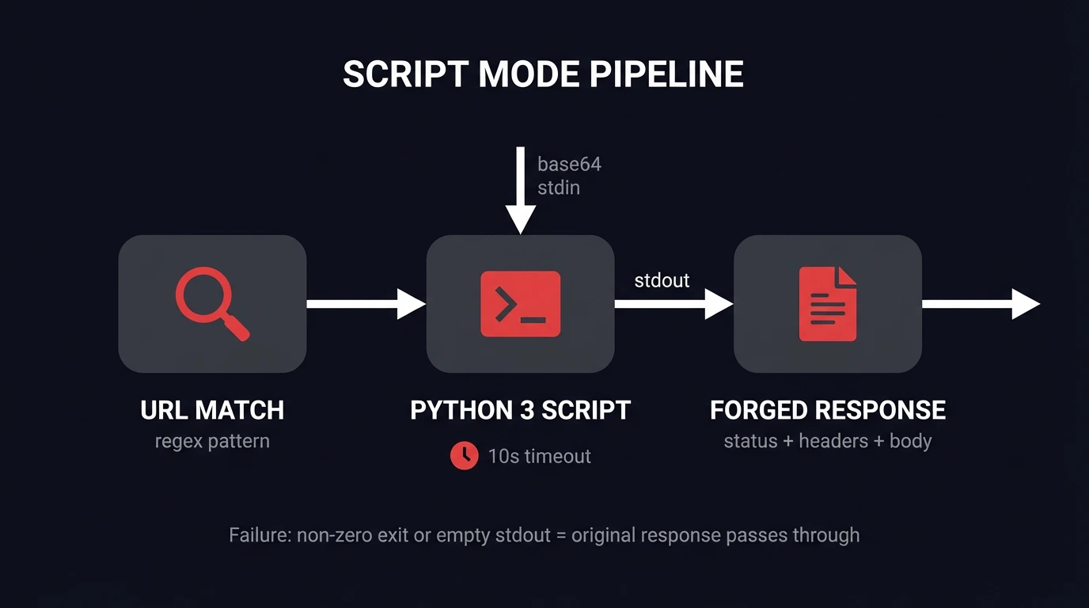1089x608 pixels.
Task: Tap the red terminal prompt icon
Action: (x=520, y=304)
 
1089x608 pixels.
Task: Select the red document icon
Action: (x=827, y=304)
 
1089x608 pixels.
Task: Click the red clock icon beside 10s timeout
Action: (x=465, y=455)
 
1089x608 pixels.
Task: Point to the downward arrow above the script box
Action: (x=520, y=190)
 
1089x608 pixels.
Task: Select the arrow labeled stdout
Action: (x=673, y=304)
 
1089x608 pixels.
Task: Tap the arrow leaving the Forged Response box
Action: (x=980, y=304)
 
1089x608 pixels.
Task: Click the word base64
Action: (x=569, y=165)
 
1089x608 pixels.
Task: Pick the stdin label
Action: (x=558, y=188)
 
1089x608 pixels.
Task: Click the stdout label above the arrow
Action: (x=662, y=280)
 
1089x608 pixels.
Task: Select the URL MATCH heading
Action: (x=212, y=410)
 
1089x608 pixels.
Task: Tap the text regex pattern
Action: (x=212, y=441)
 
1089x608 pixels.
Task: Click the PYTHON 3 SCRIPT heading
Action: (x=520, y=410)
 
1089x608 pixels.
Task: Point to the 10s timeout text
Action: (x=539, y=456)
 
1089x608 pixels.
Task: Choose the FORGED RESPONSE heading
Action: (x=827, y=410)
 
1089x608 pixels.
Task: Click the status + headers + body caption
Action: (x=827, y=441)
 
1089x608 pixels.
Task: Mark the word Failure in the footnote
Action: (x=259, y=535)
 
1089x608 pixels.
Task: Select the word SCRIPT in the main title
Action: (x=406, y=74)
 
